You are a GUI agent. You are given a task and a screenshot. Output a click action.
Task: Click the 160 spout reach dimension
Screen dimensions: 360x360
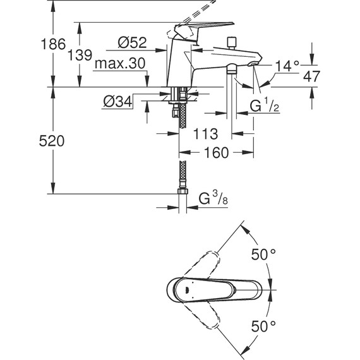[x=216, y=153]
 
